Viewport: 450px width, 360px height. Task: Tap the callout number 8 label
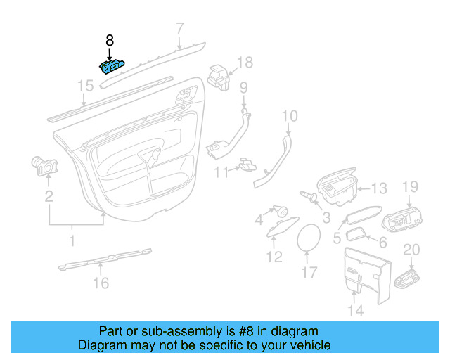pos(110,41)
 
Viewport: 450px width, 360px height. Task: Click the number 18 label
pos(243,63)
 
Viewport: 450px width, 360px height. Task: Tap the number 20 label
pos(411,250)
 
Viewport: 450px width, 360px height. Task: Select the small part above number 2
pos(46,166)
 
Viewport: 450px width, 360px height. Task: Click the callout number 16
pos(101,283)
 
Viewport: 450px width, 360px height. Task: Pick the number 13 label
pos(379,188)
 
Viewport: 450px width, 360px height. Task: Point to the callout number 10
pos(290,116)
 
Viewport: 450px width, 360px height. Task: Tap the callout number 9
pos(244,87)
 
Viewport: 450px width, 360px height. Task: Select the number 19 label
pos(410,186)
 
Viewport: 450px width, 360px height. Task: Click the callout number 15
pos(85,86)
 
